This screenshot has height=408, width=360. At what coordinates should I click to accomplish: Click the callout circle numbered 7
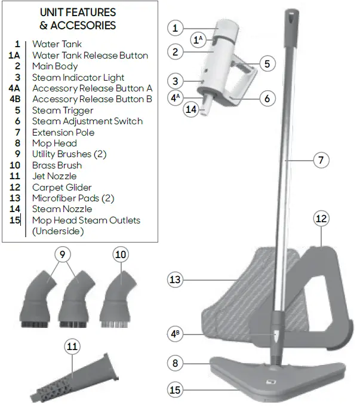[322, 160]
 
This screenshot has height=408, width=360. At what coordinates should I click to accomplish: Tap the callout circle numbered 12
[321, 219]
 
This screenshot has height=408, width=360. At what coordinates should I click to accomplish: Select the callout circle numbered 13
[175, 279]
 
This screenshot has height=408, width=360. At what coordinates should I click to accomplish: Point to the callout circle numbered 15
[175, 390]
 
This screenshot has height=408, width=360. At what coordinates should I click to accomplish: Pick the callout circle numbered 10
[121, 254]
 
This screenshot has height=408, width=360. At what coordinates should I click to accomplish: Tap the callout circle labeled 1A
[198, 39]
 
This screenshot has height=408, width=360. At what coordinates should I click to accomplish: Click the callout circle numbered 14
[190, 109]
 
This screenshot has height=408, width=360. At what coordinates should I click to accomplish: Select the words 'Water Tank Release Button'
[90, 56]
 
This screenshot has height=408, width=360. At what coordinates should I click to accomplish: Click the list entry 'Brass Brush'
[57, 165]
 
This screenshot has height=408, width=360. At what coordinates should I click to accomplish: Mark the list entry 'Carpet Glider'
[61, 187]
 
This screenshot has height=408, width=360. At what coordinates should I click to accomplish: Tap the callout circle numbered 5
[267, 63]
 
